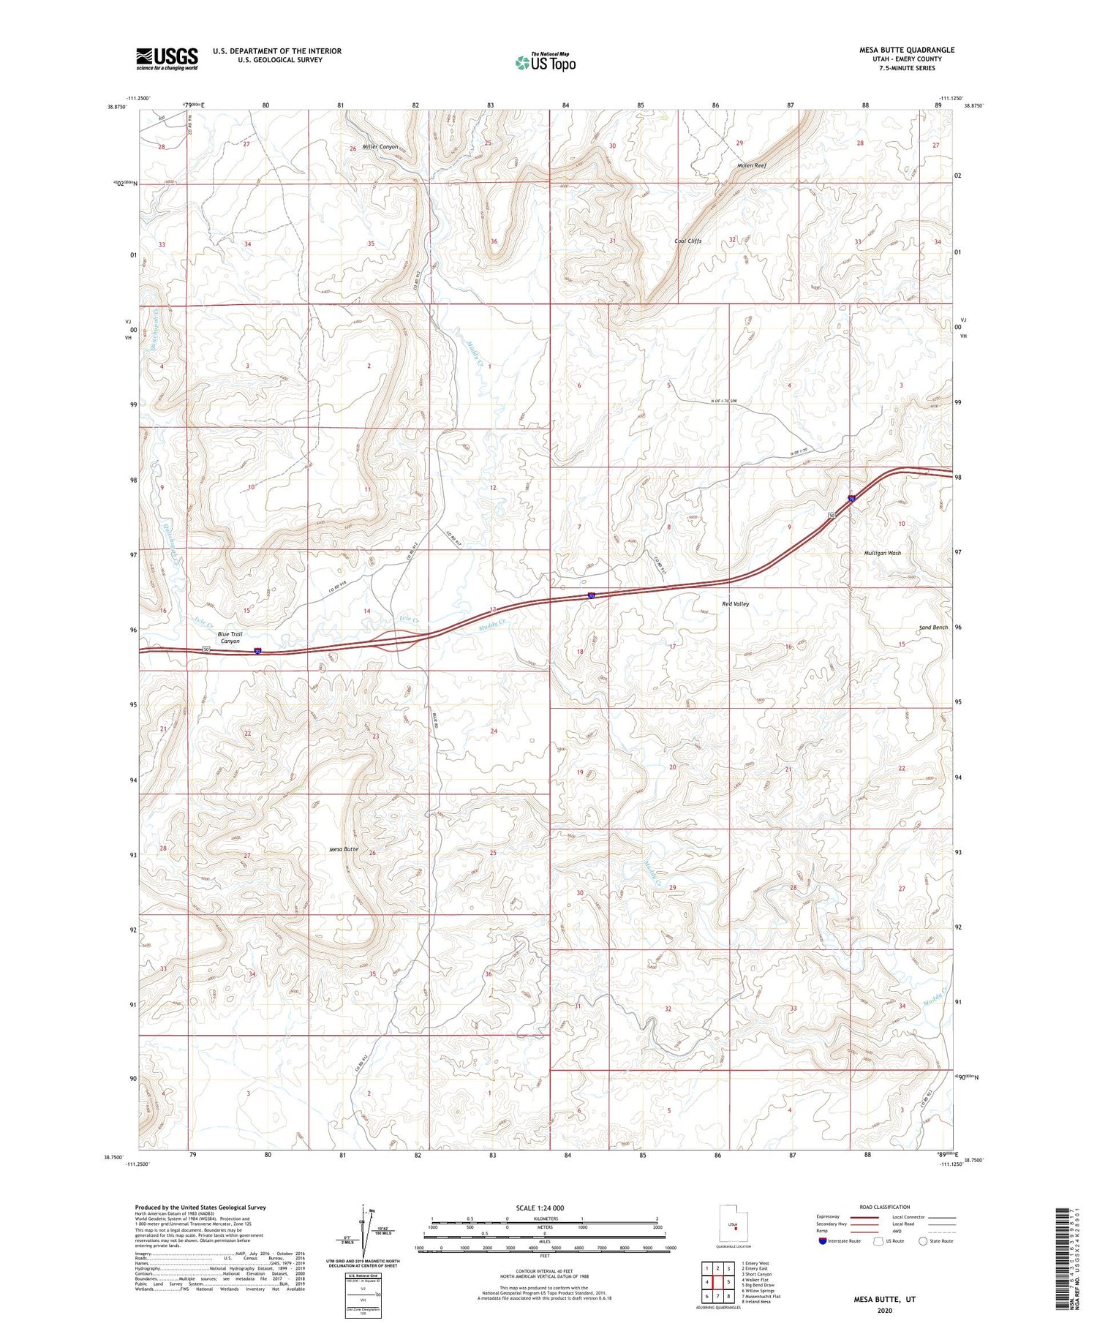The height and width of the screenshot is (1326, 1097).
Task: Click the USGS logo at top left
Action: [x=167, y=59]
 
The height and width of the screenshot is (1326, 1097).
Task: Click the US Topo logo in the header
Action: [x=545, y=63]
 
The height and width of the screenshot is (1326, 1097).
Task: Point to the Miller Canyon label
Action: [x=380, y=147]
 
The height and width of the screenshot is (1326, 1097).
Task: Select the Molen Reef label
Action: [x=752, y=166]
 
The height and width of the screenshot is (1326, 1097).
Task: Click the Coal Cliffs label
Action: [x=687, y=241]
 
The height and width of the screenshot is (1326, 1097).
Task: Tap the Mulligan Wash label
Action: [x=882, y=553]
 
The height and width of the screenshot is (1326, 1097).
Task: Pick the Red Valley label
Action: [x=735, y=604]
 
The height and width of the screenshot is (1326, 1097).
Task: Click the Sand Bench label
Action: [x=933, y=628]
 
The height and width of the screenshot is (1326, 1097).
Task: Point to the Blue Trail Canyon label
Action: [x=230, y=638]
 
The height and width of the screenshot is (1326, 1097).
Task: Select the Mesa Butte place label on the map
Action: [x=344, y=849]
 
